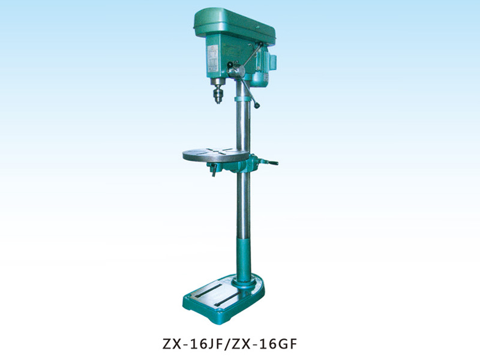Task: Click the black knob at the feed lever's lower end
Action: tap(257, 106)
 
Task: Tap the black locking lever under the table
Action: tap(212, 172)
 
